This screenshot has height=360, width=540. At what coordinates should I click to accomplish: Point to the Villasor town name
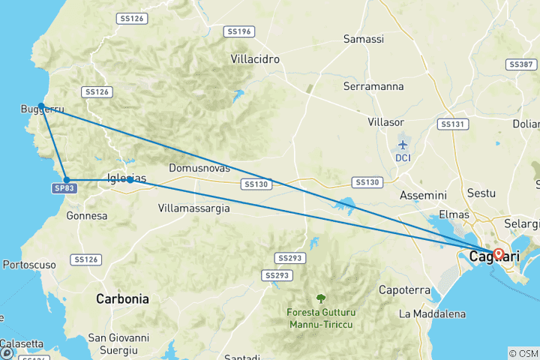coord(387,121)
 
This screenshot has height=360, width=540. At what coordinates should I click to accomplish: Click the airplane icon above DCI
coord(403,144)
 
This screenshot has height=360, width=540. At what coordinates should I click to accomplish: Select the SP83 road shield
coord(64,189)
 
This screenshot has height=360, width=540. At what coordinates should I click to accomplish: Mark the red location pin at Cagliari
coord(498,253)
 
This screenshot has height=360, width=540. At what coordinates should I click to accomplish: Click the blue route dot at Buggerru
coord(42,106)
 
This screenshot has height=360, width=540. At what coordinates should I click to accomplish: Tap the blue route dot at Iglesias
coord(130,180)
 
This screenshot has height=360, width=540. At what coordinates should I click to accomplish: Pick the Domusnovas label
coord(199,168)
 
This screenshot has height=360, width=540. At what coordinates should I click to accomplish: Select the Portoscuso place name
coord(30,265)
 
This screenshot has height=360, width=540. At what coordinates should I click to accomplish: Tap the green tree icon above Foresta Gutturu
coord(321,298)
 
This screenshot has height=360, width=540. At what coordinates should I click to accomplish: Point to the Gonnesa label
coord(87,216)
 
